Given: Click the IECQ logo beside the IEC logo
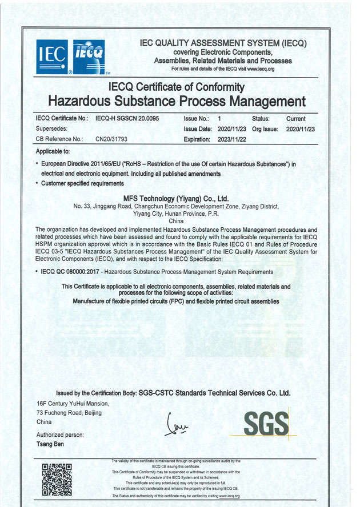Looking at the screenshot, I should tap(89, 57).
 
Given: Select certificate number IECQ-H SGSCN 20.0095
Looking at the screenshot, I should tap(127, 119).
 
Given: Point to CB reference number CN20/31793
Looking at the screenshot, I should tap(111, 139).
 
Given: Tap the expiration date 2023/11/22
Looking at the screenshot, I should tap(233, 139).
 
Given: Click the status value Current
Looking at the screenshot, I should tap(296, 119).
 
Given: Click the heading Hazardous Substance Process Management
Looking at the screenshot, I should tap(177, 102).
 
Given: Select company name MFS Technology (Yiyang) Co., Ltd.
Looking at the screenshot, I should tap(176, 198).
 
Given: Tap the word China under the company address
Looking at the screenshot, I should tap(176, 220).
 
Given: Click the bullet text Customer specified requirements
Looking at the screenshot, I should tap(82, 183).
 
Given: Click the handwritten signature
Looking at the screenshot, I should tap(177, 425).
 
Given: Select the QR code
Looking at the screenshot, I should tap(57, 479).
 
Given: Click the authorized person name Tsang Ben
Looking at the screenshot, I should tap(50, 444).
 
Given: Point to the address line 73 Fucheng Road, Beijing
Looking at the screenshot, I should tap(73, 412).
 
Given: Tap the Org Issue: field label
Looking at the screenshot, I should tap(265, 129).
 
